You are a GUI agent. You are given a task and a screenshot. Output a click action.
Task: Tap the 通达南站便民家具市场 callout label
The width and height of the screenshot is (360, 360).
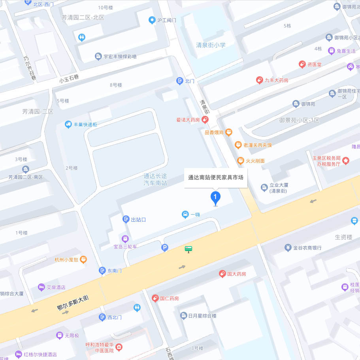click(216, 177)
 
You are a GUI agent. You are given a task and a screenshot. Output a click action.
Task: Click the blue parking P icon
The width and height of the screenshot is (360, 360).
click(165, 248)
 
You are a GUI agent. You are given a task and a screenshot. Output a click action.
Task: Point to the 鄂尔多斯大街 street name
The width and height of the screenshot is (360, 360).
click(73, 303)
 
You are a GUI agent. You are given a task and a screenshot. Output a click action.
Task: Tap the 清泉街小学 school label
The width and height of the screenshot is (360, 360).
click(211, 45)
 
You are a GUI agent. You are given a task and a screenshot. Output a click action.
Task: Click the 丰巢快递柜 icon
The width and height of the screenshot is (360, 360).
click(68, 124)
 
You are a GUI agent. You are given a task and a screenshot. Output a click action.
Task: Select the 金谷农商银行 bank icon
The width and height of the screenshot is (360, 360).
click(288, 248)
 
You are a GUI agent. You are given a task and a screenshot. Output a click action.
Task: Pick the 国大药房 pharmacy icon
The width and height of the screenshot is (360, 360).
click(222, 274)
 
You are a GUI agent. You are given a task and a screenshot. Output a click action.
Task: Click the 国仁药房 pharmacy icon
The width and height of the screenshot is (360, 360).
click(155, 298)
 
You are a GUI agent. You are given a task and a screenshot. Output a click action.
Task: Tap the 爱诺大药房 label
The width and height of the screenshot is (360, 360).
click(188, 120)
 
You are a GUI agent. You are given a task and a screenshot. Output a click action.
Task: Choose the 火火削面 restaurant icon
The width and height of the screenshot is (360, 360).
click(240, 160)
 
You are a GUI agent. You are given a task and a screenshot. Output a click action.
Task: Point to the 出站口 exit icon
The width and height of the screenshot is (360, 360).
click(126, 219)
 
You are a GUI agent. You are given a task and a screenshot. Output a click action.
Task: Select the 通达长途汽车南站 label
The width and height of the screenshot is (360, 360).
click(155, 180)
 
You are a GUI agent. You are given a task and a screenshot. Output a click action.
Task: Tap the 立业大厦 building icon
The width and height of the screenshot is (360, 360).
click(264, 188)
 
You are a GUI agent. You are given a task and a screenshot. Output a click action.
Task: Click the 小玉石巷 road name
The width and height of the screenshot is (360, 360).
click(69, 79)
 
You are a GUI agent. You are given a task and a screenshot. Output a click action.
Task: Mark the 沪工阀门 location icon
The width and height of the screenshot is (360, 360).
click(151, 20)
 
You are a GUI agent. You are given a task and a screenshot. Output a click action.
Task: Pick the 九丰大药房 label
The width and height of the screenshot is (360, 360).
click(276, 80)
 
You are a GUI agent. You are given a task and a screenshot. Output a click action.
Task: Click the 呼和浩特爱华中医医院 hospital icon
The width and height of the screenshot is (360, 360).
click(119, 347)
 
